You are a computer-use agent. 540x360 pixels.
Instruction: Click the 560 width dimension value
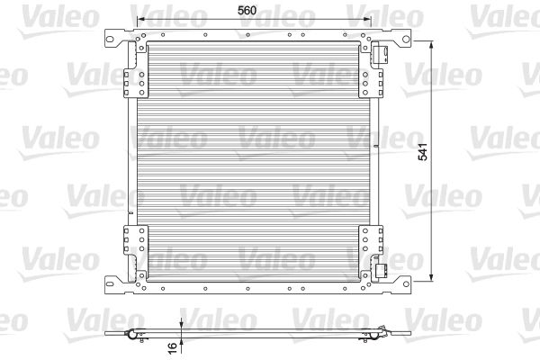[247, 10]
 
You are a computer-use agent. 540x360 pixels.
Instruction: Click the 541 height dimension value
[423, 151]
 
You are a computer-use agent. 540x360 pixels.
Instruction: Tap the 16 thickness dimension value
[172, 347]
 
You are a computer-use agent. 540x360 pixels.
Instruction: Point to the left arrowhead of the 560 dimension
[140, 19]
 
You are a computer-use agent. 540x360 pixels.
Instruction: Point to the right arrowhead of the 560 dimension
[367, 19]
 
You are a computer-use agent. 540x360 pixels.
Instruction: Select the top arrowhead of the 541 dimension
[431, 44]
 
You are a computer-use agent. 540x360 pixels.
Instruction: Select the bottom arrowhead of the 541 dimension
[431, 277]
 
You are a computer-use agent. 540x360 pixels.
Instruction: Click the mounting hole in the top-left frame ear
[110, 39]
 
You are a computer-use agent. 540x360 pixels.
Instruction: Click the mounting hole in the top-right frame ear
[406, 39]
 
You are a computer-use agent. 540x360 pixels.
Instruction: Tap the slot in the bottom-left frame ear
[110, 283]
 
